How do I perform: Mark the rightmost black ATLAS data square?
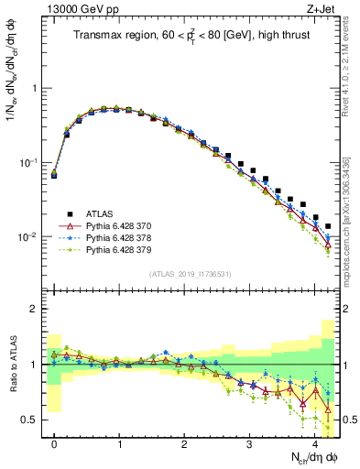328,226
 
